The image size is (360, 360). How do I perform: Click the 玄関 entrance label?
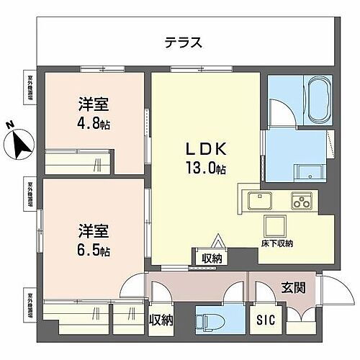coord(293,288)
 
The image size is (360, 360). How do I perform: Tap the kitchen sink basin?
coord(257,201)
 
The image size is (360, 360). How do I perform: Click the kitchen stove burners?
coord(301,201)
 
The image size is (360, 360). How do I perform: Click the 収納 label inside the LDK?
coord(211,258)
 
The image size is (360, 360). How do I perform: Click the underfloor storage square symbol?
coord(275,226)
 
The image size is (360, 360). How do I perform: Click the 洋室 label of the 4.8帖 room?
coord(93,103)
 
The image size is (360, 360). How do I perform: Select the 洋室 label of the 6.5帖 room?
coord(93,233)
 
